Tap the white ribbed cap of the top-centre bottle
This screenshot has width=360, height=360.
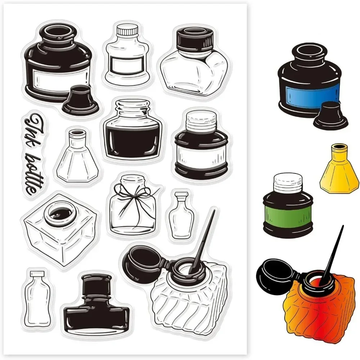pyautogui.click(x=127, y=30)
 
